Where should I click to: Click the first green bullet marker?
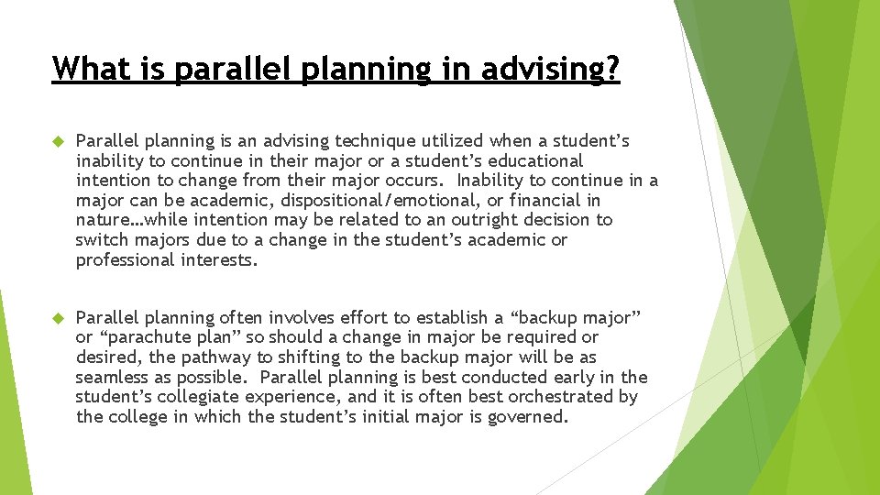(56, 141)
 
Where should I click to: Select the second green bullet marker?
(56, 318)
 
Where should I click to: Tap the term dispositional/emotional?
(352, 201)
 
